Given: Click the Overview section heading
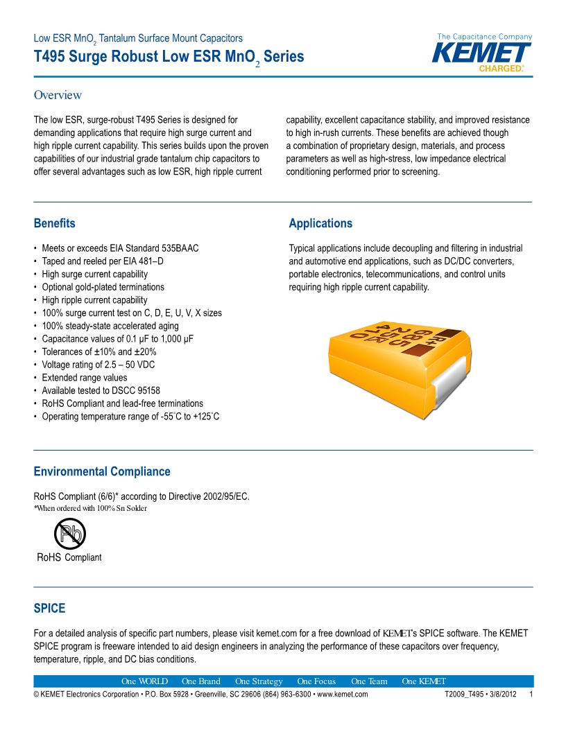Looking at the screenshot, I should click(58, 95).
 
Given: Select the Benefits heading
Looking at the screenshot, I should click(54, 223).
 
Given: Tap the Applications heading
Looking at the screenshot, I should click(320, 223).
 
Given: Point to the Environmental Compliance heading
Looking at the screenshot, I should click(101, 471).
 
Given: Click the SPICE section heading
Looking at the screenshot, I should click(49, 608).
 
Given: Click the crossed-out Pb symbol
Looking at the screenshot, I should click(69, 534).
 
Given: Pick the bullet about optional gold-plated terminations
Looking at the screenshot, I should click(103, 287).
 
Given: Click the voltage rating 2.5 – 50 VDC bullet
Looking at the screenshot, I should click(99, 365).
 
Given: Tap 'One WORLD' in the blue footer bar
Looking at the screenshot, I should click(144, 681).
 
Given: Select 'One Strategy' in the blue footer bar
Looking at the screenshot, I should click(259, 681).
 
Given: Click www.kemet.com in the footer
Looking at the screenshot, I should click(342, 695).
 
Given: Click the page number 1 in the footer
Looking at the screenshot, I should click(531, 695).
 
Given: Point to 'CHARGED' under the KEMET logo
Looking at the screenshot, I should click(501, 69).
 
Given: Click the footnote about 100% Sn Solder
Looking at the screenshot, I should click(90, 508).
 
